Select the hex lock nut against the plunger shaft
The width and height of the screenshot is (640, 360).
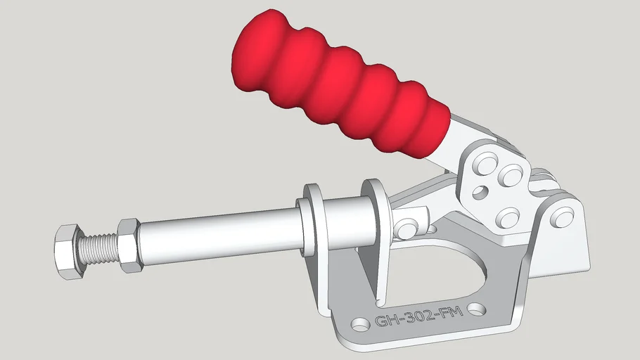pyautogui.click(x=129, y=245)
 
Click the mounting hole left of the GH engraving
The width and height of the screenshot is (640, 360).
pyautogui.click(x=360, y=325)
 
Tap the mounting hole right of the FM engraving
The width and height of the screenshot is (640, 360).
pyautogui.click(x=478, y=309)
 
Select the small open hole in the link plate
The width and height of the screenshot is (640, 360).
pyautogui.click(x=481, y=191)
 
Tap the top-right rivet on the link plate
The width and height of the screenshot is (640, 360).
pyautogui.click(x=511, y=175)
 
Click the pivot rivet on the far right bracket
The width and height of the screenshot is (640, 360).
pyautogui.click(x=561, y=217)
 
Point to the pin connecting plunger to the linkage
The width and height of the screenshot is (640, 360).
pyautogui.click(x=406, y=228)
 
